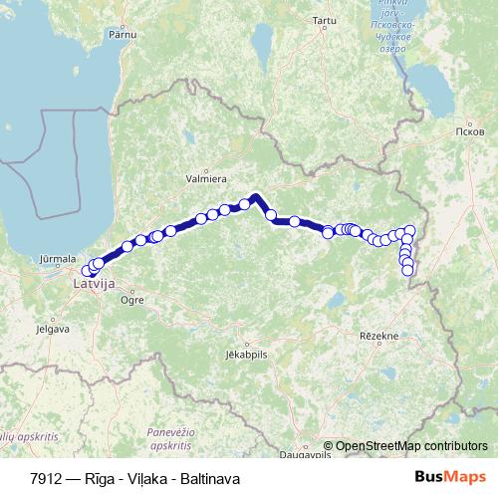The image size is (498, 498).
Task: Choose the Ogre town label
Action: [x=130, y=299]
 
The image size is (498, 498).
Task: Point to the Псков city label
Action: [x=468, y=130]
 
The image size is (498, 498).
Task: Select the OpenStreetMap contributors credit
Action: [x=411, y=446]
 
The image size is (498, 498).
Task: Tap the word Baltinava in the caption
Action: [x=212, y=478]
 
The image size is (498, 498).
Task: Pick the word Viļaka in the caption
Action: [x=148, y=478]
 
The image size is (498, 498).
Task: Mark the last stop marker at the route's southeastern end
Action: [x=407, y=270]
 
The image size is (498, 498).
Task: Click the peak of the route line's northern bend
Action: [x=256, y=195]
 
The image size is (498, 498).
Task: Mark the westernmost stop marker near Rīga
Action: [x=86, y=271]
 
